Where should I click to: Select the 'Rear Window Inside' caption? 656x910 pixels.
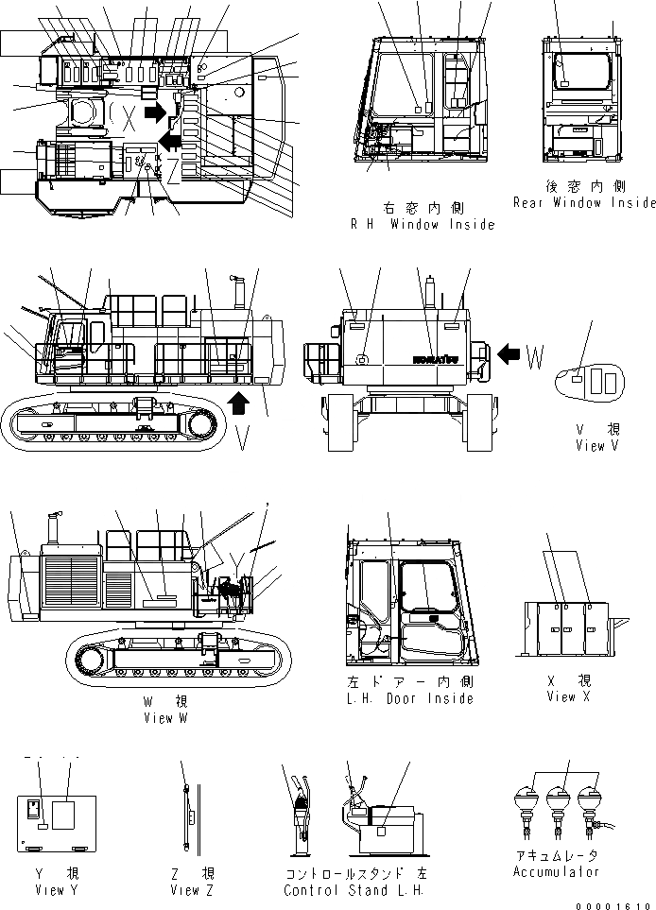pos(583,202)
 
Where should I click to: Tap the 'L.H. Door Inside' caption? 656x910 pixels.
pos(410,698)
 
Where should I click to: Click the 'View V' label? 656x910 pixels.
pos(596,445)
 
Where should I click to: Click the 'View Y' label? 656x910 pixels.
pos(50,889)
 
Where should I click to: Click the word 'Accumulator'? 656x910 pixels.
pos(556,871)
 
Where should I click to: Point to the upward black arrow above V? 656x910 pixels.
pos(241,403)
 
